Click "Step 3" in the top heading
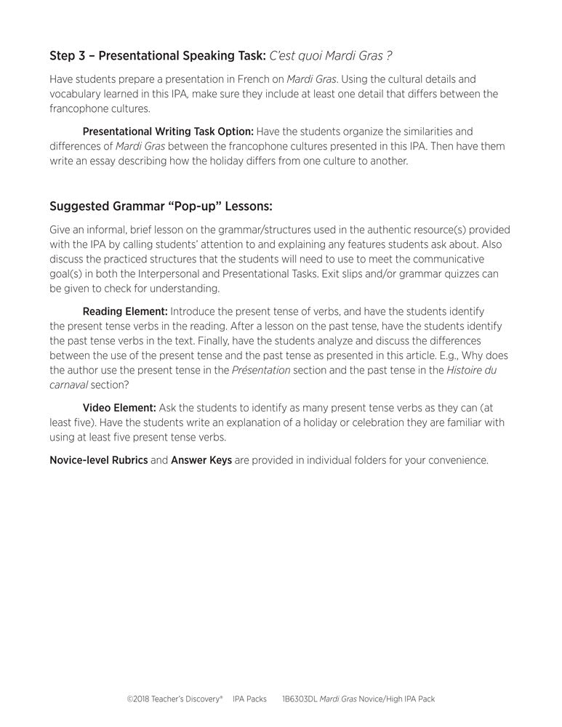[66, 56]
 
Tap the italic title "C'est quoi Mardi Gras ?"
[331, 56]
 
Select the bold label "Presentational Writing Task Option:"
[168, 132]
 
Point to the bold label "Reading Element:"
[125, 311]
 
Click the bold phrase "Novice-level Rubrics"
[98, 460]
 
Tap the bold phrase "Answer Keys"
[201, 460]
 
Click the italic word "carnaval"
[68, 385]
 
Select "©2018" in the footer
[137, 699]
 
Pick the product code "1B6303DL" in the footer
[302, 699]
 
